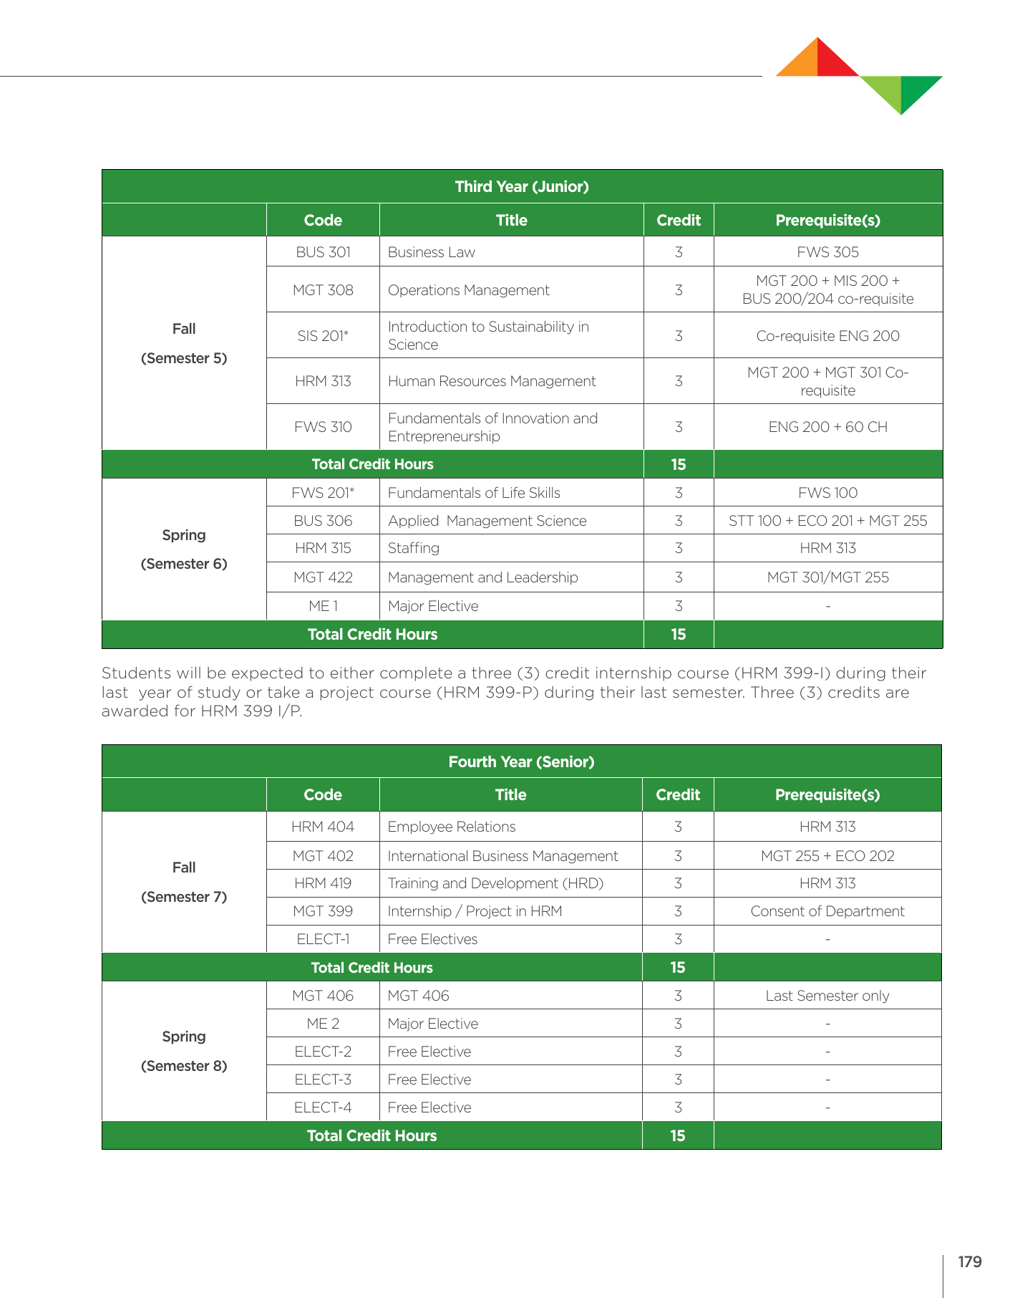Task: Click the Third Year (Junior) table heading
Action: (x=522, y=186)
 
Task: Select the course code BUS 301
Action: (x=323, y=252)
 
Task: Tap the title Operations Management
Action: (x=468, y=290)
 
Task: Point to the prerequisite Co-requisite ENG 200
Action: (x=827, y=336)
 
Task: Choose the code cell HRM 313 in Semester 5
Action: (x=323, y=381)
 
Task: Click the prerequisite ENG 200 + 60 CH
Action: (x=827, y=427)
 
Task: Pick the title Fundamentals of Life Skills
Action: (x=474, y=493)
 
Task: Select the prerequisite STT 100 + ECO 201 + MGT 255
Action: (x=827, y=521)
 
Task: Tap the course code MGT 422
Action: (x=323, y=577)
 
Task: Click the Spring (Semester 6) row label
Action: (x=184, y=549)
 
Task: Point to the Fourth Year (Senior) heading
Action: (x=521, y=761)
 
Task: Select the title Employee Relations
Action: (x=451, y=827)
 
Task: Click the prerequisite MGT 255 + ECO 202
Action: (x=827, y=856)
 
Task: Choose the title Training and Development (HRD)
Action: (x=495, y=883)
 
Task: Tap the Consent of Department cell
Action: (x=827, y=911)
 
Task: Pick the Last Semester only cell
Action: (x=827, y=996)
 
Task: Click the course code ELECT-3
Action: (x=323, y=1080)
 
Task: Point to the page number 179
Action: (x=969, y=1262)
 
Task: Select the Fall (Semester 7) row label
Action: (x=184, y=882)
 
